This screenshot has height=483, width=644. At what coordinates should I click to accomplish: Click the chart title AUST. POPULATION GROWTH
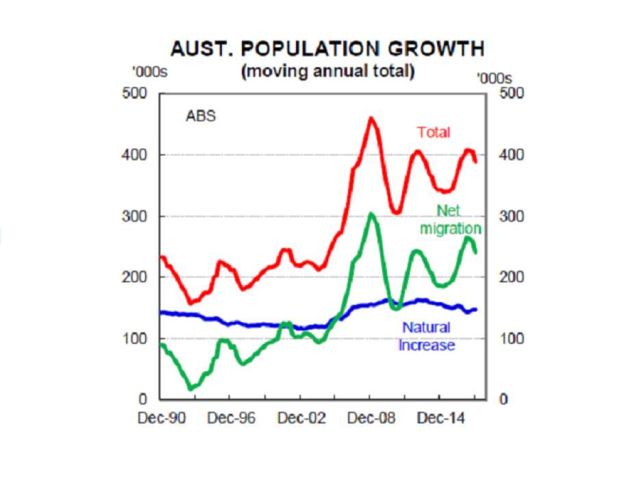pos(327,49)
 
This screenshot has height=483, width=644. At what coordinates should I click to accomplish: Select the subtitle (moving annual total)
pos(327,71)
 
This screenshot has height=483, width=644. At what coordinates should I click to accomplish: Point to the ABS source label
pos(201,116)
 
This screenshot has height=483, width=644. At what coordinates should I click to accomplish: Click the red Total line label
pos(433,132)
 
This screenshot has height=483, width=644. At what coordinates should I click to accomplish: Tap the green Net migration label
pos(450,220)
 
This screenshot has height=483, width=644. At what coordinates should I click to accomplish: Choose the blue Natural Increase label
pos(426,336)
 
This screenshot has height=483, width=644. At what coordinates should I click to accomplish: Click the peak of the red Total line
pos(371,119)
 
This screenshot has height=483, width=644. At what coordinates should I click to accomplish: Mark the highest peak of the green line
pos(371,214)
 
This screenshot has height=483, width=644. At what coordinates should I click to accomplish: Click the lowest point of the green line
pos(192,388)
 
